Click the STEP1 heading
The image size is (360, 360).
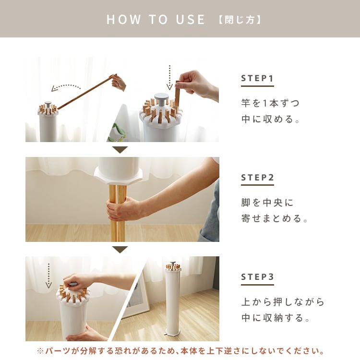point(257,78)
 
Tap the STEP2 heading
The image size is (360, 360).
point(257,178)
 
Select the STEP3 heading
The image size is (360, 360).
point(257,277)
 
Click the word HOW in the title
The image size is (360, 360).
point(124,20)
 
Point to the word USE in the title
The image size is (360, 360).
point(190,20)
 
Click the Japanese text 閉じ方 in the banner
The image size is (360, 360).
point(240,20)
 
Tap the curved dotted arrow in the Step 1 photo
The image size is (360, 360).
point(65,87)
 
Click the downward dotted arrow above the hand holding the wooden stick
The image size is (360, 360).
point(169,77)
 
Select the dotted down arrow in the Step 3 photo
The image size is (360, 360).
point(48,276)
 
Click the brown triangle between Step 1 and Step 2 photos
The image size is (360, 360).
point(120,150)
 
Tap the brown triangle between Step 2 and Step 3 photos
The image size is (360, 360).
point(120,250)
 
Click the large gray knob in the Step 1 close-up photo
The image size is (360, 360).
point(161,99)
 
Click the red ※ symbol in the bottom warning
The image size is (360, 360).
point(40,351)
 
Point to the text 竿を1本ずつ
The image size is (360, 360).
point(270,103)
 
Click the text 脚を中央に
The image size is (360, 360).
point(267,203)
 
